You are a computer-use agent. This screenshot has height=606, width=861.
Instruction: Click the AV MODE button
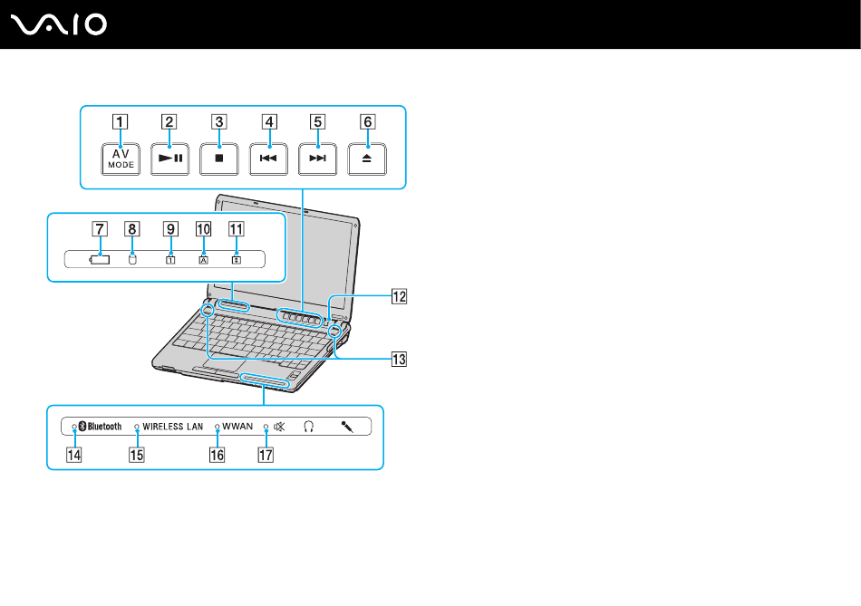[x=117, y=158]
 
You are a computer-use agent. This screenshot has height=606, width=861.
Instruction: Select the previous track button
[x=266, y=158]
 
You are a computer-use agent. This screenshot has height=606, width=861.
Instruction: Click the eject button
[x=366, y=158]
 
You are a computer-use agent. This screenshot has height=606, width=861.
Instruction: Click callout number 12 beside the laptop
[x=399, y=294]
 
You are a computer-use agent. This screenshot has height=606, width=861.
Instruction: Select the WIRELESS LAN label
[x=172, y=426]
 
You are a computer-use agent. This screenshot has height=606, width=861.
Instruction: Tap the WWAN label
[x=237, y=426]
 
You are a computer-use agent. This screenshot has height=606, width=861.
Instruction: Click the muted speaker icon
[x=279, y=426]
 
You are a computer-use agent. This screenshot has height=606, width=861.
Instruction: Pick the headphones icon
[x=309, y=426]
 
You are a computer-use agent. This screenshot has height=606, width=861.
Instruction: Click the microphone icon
[x=346, y=426]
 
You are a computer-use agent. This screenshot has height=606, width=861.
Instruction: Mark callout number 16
[x=217, y=456]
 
